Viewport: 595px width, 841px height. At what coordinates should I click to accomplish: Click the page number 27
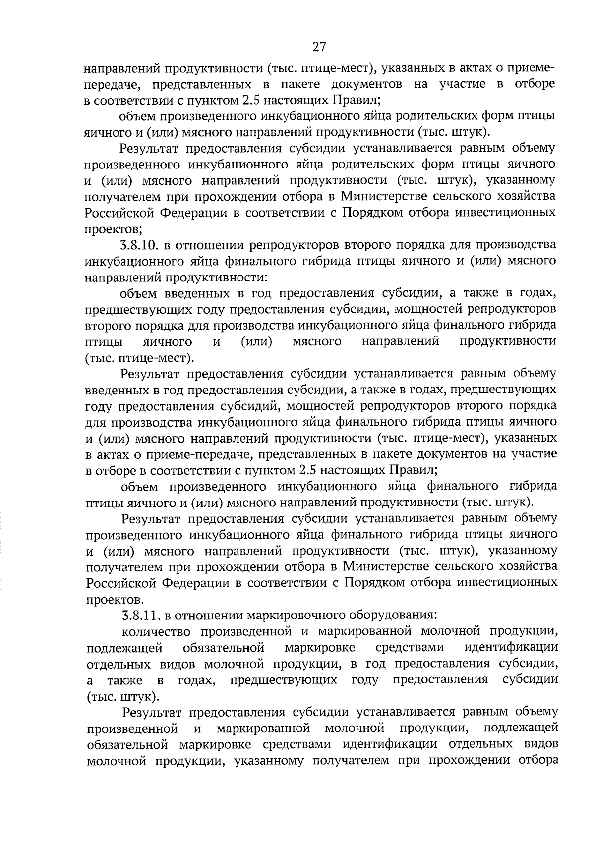319,47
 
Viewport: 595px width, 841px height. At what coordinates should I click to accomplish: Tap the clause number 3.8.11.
141,616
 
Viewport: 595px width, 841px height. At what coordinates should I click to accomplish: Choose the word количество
157,631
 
